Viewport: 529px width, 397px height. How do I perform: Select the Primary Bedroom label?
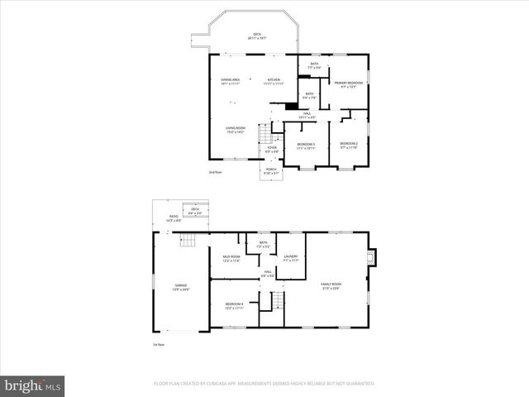[x=350, y=84]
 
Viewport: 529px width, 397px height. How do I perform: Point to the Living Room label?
[x=236, y=129]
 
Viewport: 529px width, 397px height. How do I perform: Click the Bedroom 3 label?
[x=307, y=146]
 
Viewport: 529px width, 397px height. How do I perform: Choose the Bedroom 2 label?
[x=349, y=146]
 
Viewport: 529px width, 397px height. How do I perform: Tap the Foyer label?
[x=271, y=149]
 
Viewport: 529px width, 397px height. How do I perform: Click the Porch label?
[x=270, y=171]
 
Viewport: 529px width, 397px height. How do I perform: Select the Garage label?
[x=180, y=287]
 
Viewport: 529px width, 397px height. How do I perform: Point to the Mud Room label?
[x=231, y=259]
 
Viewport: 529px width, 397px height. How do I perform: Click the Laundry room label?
[x=290, y=258]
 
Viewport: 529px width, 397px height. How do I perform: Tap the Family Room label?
[x=331, y=285]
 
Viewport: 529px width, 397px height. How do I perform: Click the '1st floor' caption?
[x=159, y=344]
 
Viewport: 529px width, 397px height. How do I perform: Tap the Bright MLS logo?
[x=33, y=385]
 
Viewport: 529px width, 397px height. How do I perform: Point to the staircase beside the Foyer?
[x=264, y=133]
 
